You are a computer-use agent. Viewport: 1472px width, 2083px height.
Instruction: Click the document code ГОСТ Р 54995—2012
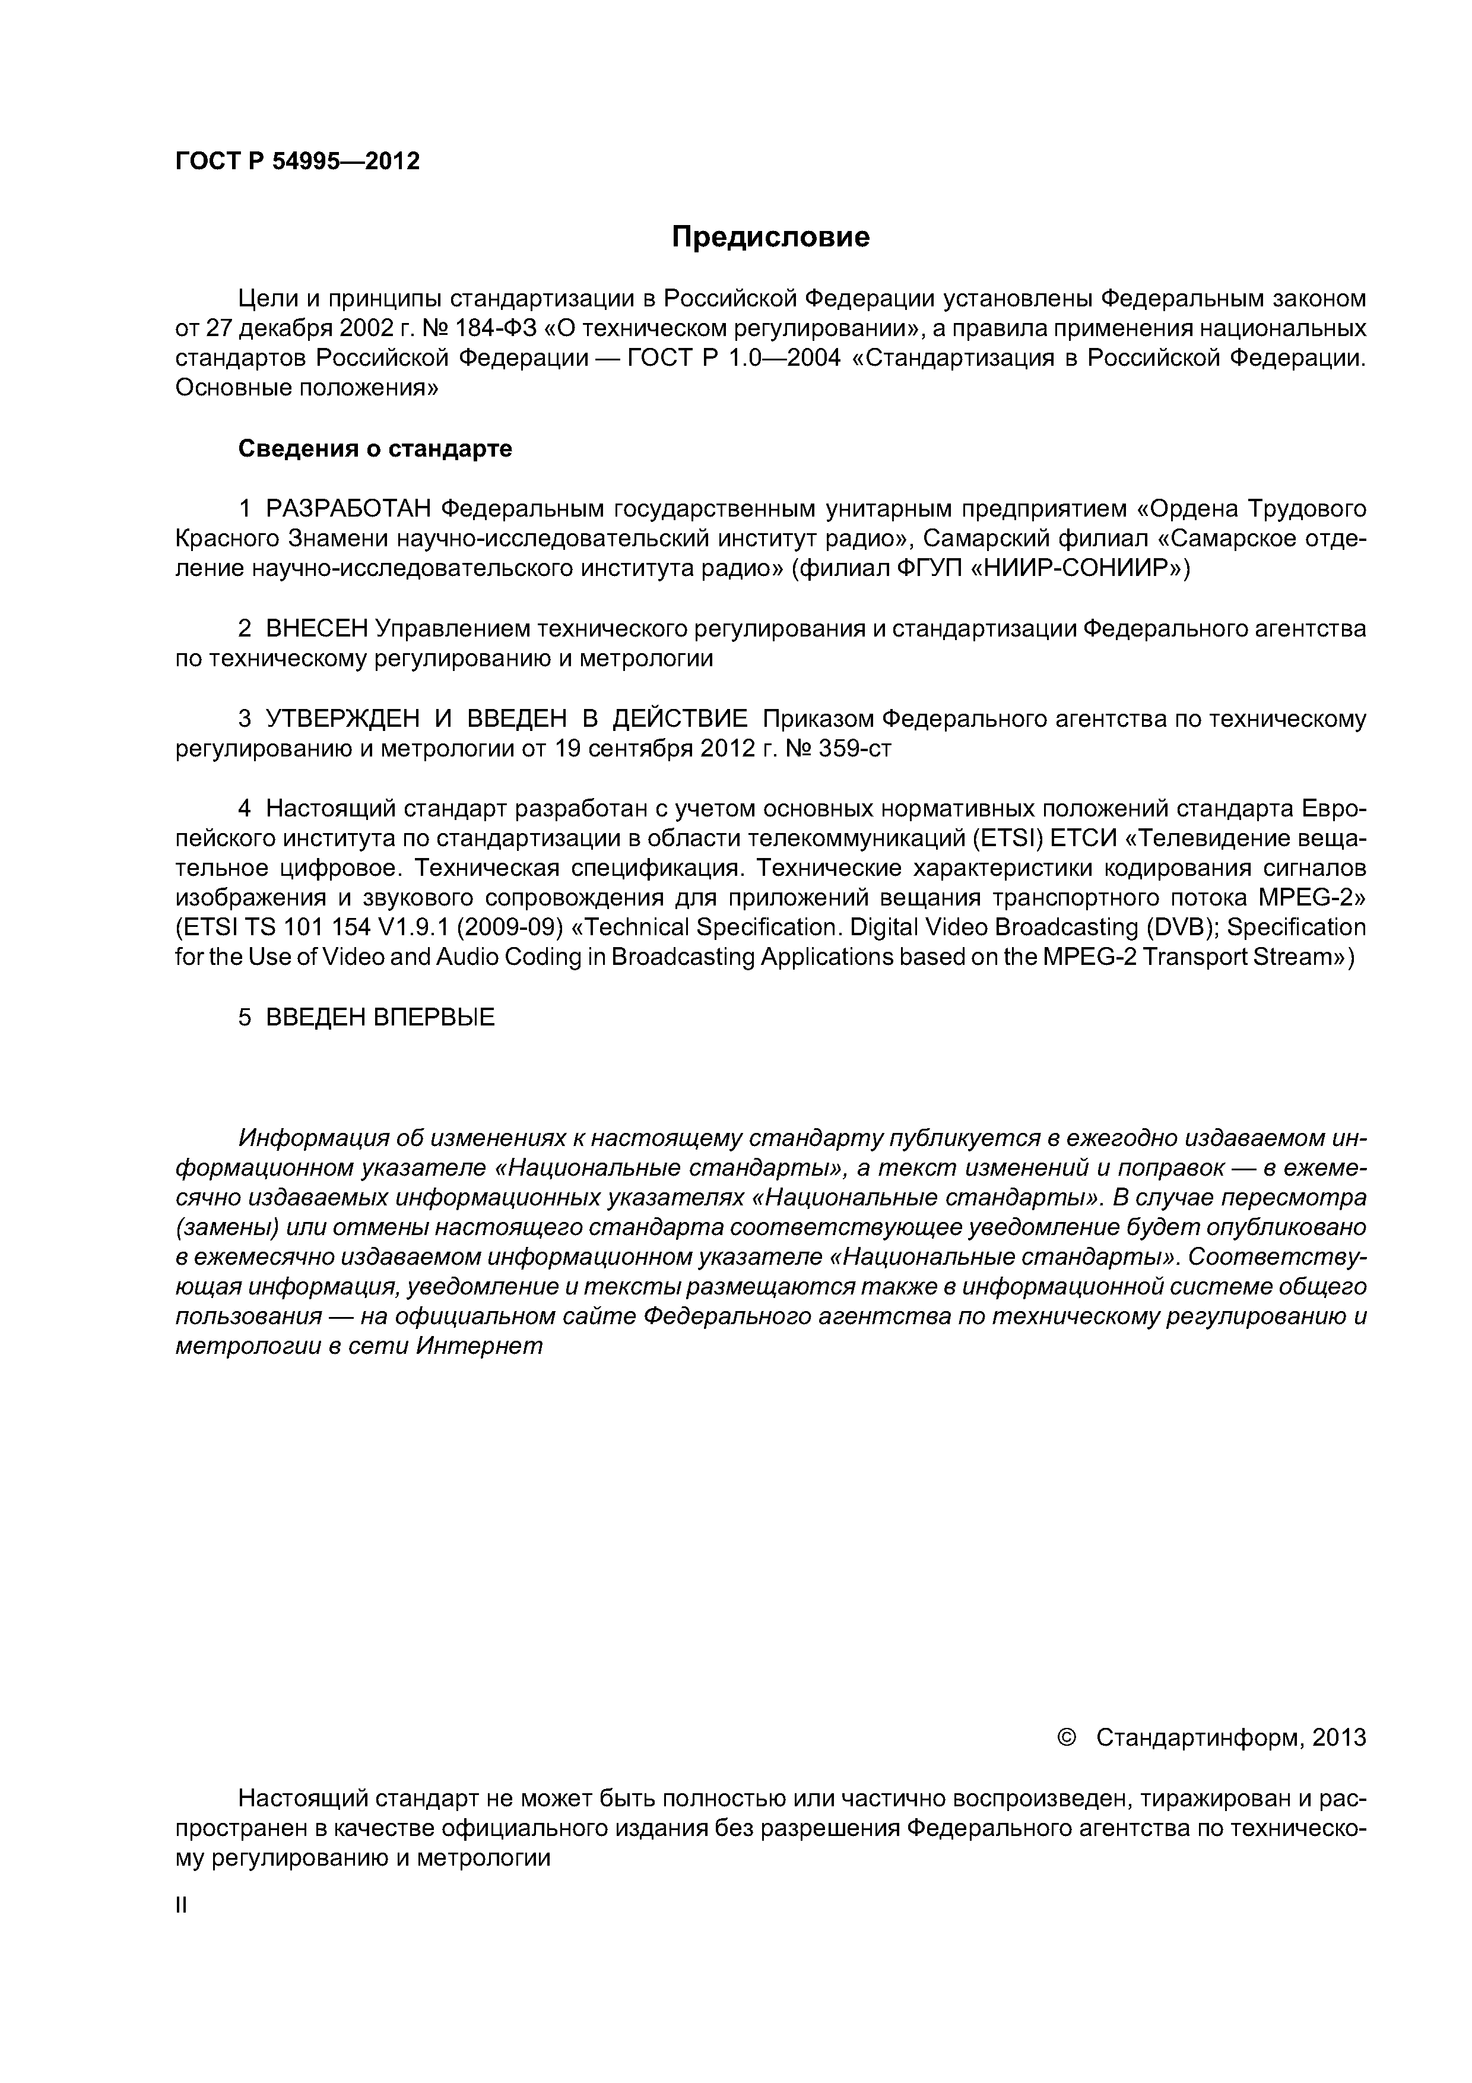[297, 162]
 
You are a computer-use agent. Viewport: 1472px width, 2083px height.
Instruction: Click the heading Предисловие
[770, 237]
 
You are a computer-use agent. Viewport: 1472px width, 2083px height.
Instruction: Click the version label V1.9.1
[405, 928]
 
